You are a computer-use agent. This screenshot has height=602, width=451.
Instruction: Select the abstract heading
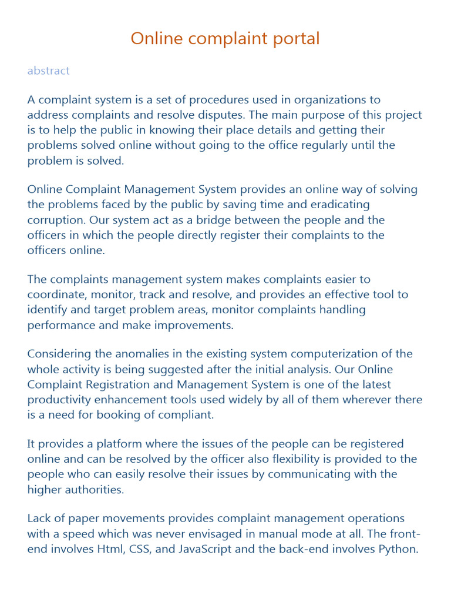pos(48,71)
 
